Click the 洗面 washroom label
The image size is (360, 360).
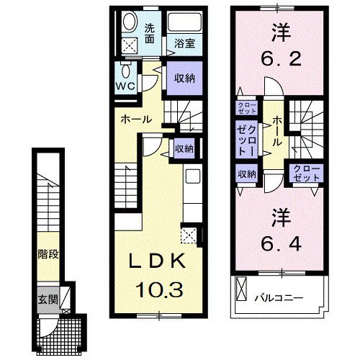coord(149,32)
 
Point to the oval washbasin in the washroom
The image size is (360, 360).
coord(130,22)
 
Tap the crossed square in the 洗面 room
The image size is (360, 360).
coord(130,45)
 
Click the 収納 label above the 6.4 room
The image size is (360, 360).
coord(247,173)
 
